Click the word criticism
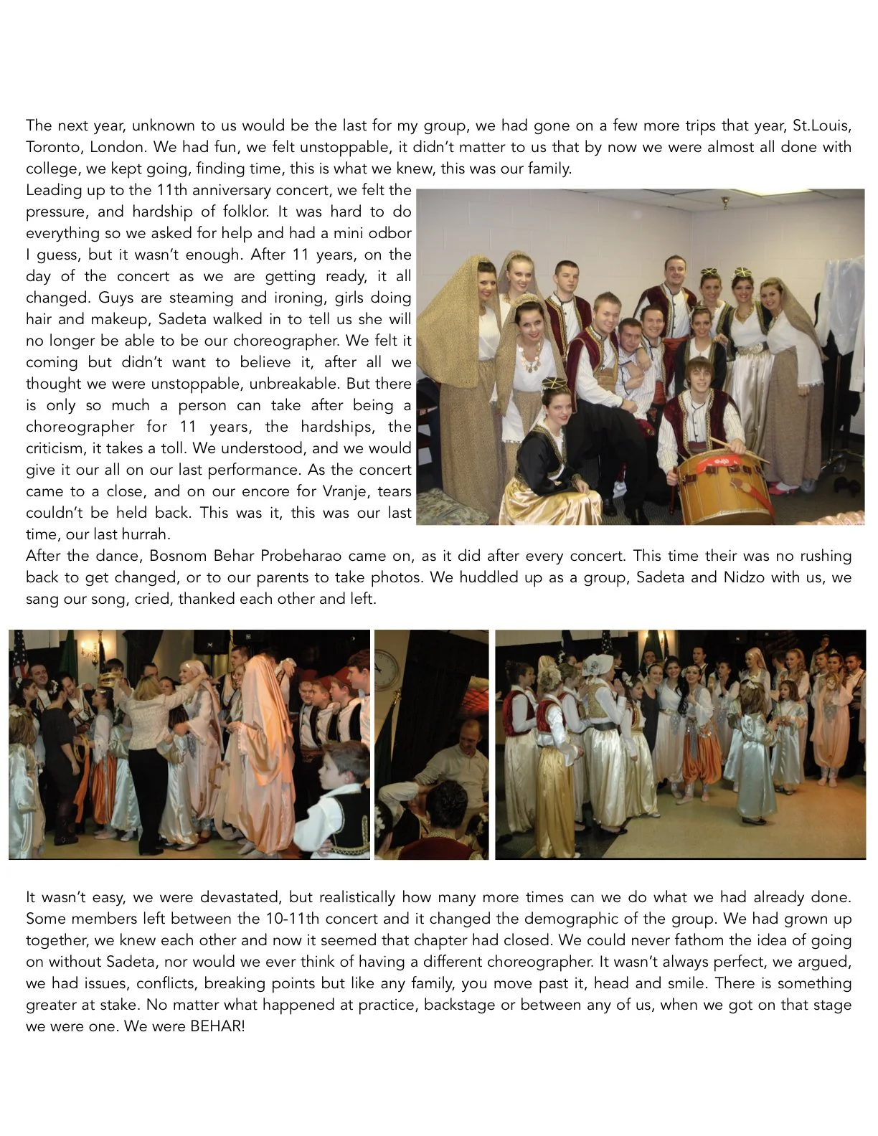click(57, 448)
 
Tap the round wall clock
click(385, 668)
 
